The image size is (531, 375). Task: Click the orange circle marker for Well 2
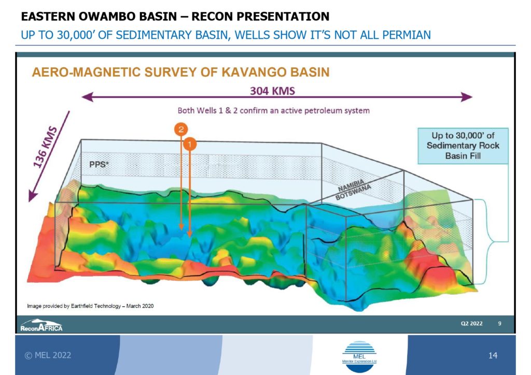181,129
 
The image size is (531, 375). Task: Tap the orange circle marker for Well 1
190,145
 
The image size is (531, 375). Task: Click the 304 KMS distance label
272,91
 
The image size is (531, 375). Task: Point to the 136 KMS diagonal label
45,147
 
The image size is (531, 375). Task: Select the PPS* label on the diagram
99,164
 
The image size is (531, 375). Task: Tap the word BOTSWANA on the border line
353,192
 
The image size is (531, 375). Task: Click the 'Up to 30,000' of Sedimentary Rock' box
463,146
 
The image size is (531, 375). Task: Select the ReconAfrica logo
41,325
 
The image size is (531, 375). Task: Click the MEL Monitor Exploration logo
359,357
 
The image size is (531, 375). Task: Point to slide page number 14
493,355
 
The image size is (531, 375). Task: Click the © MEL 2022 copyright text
48,355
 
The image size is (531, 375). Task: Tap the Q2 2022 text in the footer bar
471,324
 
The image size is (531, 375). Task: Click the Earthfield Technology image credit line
90,306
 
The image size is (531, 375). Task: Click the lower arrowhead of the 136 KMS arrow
32,196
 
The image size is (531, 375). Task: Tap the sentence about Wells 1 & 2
274,110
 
